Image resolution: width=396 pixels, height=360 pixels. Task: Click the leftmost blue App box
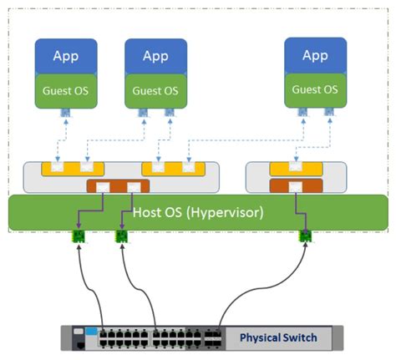pyautogui.click(x=66, y=56)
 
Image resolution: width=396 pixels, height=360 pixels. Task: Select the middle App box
pyautogui.click(x=155, y=56)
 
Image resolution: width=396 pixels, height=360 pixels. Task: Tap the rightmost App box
pyautogui.click(x=314, y=55)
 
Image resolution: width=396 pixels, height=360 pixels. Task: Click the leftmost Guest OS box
pyautogui.click(x=66, y=90)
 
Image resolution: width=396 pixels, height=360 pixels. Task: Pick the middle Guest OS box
pyautogui.click(x=155, y=90)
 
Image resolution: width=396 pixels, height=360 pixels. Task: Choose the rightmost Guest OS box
pyautogui.click(x=314, y=89)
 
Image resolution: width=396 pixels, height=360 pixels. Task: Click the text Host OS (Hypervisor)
pyautogui.click(x=198, y=212)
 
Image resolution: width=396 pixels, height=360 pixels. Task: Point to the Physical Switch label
pyautogui.click(x=278, y=338)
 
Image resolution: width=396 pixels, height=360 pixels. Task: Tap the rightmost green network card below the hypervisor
pyautogui.click(x=306, y=236)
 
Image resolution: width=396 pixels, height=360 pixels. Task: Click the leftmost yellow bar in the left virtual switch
pyautogui.click(x=73, y=170)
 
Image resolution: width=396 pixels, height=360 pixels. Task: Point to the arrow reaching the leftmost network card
pyautogui.click(x=84, y=284)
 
